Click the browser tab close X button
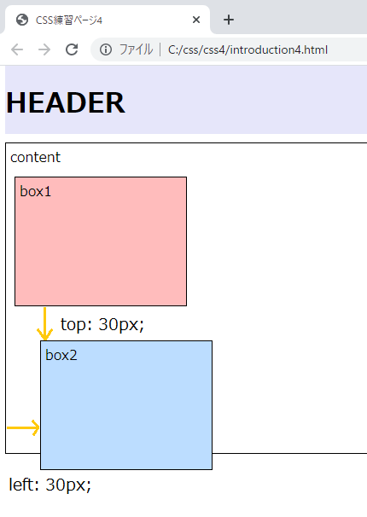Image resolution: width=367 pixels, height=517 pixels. pyautogui.click(x=196, y=20)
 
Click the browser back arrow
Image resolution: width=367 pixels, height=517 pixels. pyautogui.click(x=17, y=49)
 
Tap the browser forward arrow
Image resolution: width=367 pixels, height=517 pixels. pyautogui.click(x=44, y=49)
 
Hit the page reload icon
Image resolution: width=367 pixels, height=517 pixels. pyautogui.click(x=72, y=49)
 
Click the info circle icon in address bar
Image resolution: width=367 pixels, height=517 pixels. pyautogui.click(x=106, y=49)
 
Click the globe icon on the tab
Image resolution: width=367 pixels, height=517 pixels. pyautogui.click(x=22, y=20)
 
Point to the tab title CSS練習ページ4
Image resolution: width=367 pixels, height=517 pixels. pyautogui.click(x=69, y=20)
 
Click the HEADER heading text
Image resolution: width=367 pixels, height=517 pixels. pyautogui.click(x=66, y=102)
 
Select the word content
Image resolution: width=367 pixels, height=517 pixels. pyautogui.click(x=35, y=157)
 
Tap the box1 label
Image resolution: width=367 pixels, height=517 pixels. pyautogui.click(x=36, y=191)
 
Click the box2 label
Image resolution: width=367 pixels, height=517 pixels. pyautogui.click(x=61, y=355)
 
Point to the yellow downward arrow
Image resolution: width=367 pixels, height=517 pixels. pyautogui.click(x=45, y=324)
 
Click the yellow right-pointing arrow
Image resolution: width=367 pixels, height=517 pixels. pyautogui.click(x=23, y=427)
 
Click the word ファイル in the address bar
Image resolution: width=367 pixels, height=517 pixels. pyautogui.click(x=136, y=49)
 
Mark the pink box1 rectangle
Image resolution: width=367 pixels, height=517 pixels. pyautogui.click(x=101, y=241)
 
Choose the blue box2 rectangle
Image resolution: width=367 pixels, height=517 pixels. pyautogui.click(x=126, y=405)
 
